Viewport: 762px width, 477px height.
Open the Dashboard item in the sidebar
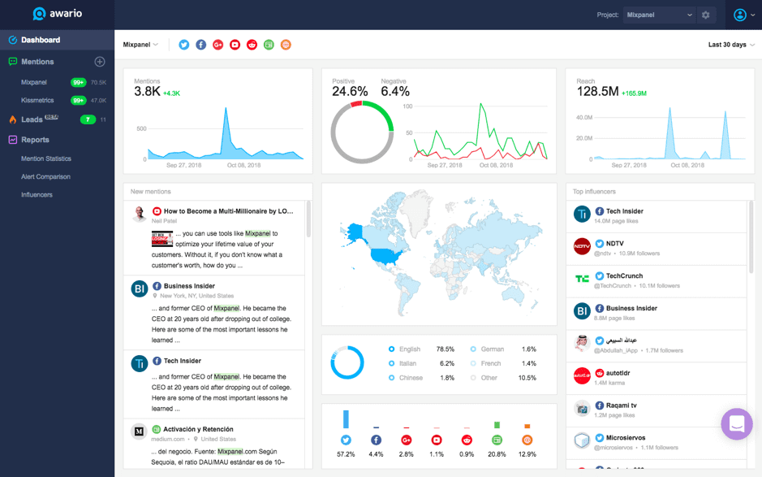[40, 40]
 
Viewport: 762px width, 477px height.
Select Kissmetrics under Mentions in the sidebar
[37, 101]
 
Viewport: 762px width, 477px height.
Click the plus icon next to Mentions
[100, 62]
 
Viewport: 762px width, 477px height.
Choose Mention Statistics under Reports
[46, 159]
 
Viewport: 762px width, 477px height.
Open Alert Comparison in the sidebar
[45, 177]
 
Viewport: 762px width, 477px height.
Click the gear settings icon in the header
[706, 15]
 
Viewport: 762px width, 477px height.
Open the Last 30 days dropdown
[730, 45]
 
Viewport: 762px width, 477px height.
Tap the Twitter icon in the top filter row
[184, 45]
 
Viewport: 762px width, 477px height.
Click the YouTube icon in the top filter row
[235, 45]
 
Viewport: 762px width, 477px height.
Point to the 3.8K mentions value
[147, 92]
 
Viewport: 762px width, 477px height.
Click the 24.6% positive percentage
[350, 92]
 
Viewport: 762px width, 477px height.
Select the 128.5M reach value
[597, 92]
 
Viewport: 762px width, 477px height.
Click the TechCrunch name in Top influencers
[624, 276]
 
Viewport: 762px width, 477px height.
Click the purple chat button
[737, 424]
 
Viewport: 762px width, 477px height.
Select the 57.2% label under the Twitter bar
[346, 454]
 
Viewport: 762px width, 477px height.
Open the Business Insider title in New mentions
[189, 286]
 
